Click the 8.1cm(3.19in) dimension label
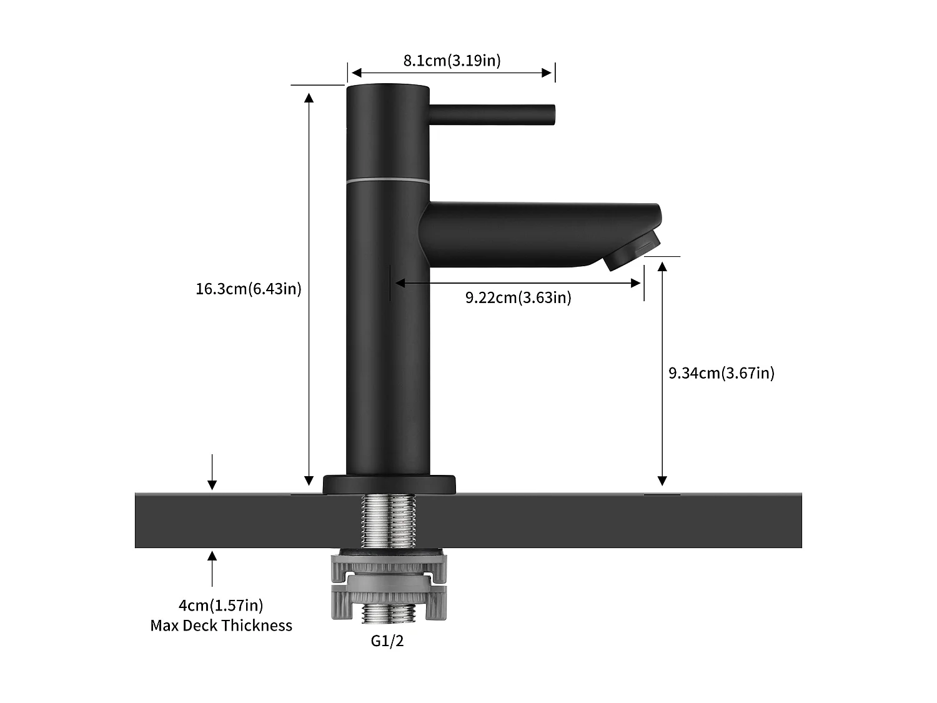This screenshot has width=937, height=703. [452, 61]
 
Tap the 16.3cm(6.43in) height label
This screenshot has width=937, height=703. [249, 289]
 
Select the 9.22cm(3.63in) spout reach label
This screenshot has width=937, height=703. [518, 297]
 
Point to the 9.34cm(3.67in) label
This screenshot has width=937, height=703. [721, 373]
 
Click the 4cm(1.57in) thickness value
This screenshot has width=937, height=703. [221, 605]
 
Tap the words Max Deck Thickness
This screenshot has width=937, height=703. [221, 626]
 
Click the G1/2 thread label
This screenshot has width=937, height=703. [387, 641]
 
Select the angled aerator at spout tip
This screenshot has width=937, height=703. [632, 249]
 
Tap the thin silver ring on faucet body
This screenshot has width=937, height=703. [388, 181]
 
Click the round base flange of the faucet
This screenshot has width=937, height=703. [389, 484]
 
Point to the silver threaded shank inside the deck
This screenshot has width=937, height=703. [388, 520]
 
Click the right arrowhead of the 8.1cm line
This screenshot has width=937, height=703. [547, 72]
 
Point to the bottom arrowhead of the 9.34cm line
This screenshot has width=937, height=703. [662, 480]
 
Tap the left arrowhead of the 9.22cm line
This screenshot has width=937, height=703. [400, 283]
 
